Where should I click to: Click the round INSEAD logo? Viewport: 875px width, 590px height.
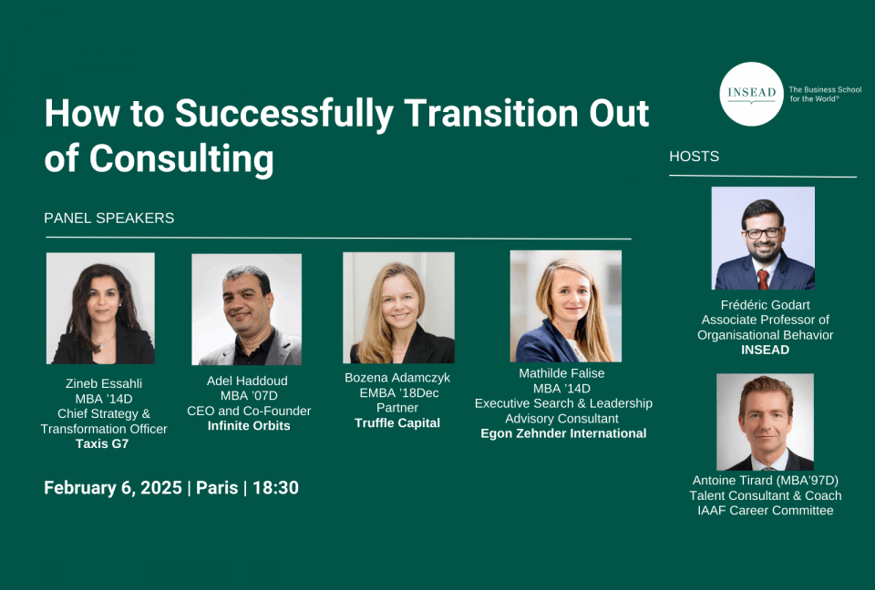tap(751, 94)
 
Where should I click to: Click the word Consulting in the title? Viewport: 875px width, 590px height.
tap(181, 159)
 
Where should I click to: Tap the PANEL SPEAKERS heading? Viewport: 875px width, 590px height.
tap(108, 218)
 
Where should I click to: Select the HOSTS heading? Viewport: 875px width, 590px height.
tap(695, 156)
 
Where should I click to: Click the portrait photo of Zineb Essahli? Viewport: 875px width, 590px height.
tap(100, 309)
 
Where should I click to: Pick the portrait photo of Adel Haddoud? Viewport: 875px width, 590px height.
tap(247, 310)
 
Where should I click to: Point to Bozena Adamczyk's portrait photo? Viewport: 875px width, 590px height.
tap(398, 308)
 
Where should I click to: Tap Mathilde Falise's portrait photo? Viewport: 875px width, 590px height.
tap(565, 306)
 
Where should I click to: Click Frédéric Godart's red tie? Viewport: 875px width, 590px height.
tap(762, 279)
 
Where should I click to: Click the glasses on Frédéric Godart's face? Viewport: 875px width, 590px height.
tap(763, 233)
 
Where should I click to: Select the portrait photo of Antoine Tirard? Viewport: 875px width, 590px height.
tap(765, 422)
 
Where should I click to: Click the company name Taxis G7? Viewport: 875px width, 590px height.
tap(102, 444)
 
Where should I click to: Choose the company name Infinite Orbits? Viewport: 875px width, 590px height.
tap(249, 426)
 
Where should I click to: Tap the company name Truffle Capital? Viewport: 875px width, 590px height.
tap(397, 423)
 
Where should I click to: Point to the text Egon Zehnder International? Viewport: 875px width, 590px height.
tap(563, 433)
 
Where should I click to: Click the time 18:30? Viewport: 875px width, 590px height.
tap(275, 488)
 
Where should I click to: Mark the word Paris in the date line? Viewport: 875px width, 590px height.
tap(217, 488)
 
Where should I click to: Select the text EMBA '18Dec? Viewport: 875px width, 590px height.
tap(399, 393)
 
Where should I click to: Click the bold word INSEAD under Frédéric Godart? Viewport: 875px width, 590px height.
tap(765, 350)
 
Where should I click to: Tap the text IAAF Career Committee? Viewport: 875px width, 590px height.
tap(765, 510)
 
